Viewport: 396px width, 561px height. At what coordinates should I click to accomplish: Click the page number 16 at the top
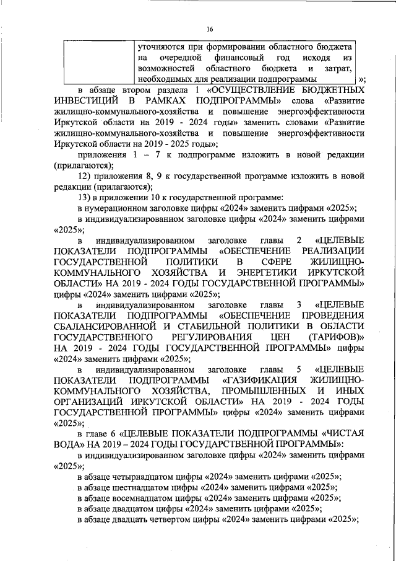tap(210, 29)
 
